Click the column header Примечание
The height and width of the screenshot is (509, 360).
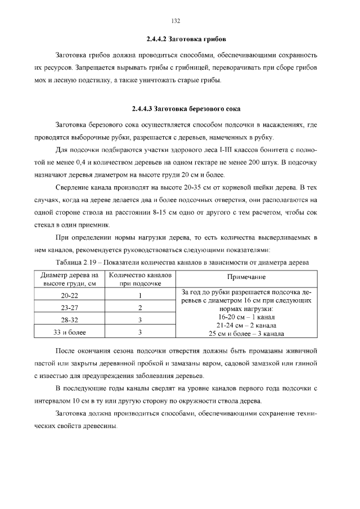tap(246, 277)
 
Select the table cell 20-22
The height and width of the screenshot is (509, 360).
tap(70, 295)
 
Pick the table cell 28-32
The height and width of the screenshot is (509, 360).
tap(70, 320)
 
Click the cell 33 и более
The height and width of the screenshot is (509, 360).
tap(70, 332)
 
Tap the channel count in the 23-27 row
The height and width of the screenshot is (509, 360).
tap(139, 308)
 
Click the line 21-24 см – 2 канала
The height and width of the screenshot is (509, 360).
tap(246, 325)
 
